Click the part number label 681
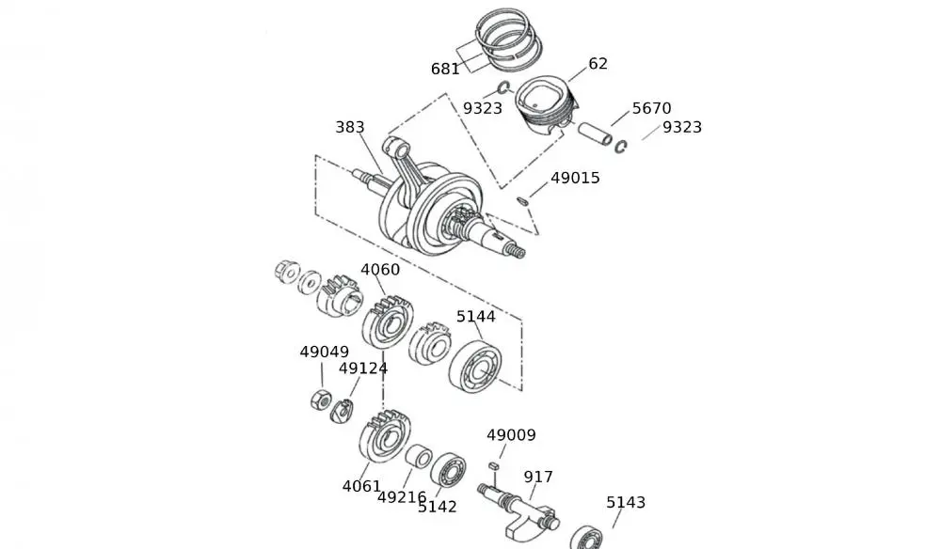tap(445, 69)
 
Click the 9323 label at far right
tap(681, 127)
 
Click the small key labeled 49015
tap(523, 199)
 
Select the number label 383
tap(349, 127)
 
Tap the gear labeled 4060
tap(388, 321)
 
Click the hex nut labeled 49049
tap(318, 400)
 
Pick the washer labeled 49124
tap(341, 410)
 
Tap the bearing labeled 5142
tap(448, 469)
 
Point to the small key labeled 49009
tap(492, 465)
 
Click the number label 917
tap(538, 478)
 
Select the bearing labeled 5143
tap(585, 536)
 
